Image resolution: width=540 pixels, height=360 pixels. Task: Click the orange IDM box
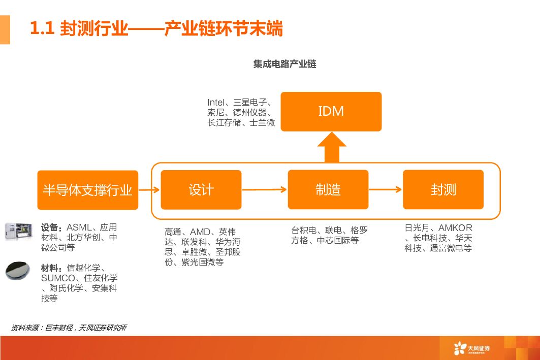[331, 111]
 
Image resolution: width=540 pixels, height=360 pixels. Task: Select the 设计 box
[201, 190]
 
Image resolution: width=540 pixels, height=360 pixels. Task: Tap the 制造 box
[328, 190]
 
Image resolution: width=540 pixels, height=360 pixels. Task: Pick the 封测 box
[443, 190]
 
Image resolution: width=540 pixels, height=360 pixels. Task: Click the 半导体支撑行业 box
[87, 190]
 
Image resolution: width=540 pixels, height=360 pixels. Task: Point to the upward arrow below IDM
[331, 147]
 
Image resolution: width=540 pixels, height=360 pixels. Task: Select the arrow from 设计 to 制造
[264, 190]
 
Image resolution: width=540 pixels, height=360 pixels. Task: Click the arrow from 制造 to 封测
[386, 190]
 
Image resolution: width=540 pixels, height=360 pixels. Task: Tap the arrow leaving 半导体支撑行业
[149, 190]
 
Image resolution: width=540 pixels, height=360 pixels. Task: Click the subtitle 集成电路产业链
[284, 64]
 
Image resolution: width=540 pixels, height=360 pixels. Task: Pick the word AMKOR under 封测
[455, 227]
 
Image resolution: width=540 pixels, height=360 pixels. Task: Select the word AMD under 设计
[200, 232]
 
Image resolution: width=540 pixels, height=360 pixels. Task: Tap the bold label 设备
[51, 227]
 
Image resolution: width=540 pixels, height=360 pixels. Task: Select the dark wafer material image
[18, 271]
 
